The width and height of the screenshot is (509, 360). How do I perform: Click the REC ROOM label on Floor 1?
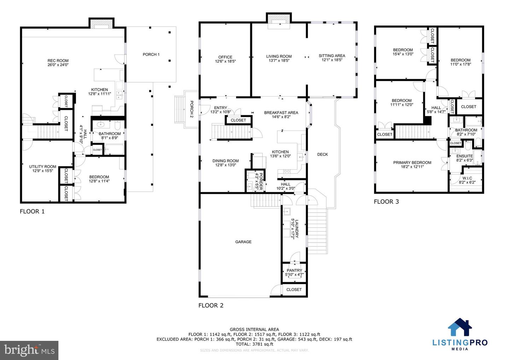pyautogui.click(x=58, y=61)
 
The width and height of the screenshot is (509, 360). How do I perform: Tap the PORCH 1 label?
pyautogui.click(x=151, y=54)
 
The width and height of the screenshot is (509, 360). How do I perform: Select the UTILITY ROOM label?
pyautogui.click(x=42, y=167)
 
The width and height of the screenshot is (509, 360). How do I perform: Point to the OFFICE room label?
pyautogui.click(x=225, y=57)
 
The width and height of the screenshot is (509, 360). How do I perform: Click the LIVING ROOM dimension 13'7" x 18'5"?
pyautogui.click(x=279, y=60)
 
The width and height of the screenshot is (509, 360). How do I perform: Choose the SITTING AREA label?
pyautogui.click(x=332, y=56)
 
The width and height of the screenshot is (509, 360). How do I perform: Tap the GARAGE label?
pyautogui.click(x=243, y=242)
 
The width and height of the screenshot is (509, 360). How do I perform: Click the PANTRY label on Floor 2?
pyautogui.click(x=294, y=271)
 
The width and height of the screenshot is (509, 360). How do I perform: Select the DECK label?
pyautogui.click(x=322, y=154)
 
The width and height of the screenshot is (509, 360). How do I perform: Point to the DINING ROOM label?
pyautogui.click(x=226, y=161)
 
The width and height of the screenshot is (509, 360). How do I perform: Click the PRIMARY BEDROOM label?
pyautogui.click(x=412, y=163)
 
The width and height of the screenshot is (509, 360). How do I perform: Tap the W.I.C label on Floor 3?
pyautogui.click(x=467, y=178)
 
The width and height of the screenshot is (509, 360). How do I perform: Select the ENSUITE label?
pyautogui.click(x=464, y=156)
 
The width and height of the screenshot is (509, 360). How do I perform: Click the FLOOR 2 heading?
pyautogui.click(x=211, y=306)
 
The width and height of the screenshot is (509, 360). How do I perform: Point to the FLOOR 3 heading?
pyautogui.click(x=386, y=202)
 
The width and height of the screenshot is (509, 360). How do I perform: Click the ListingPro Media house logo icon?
pyautogui.click(x=460, y=327)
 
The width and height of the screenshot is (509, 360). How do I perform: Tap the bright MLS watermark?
pyautogui.click(x=29, y=350)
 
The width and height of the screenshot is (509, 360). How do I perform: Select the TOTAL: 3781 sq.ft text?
pyautogui.click(x=254, y=344)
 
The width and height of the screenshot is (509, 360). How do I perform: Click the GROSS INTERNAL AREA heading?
pyautogui.click(x=254, y=329)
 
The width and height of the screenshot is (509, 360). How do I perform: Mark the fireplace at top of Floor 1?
pyautogui.click(x=101, y=23)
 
